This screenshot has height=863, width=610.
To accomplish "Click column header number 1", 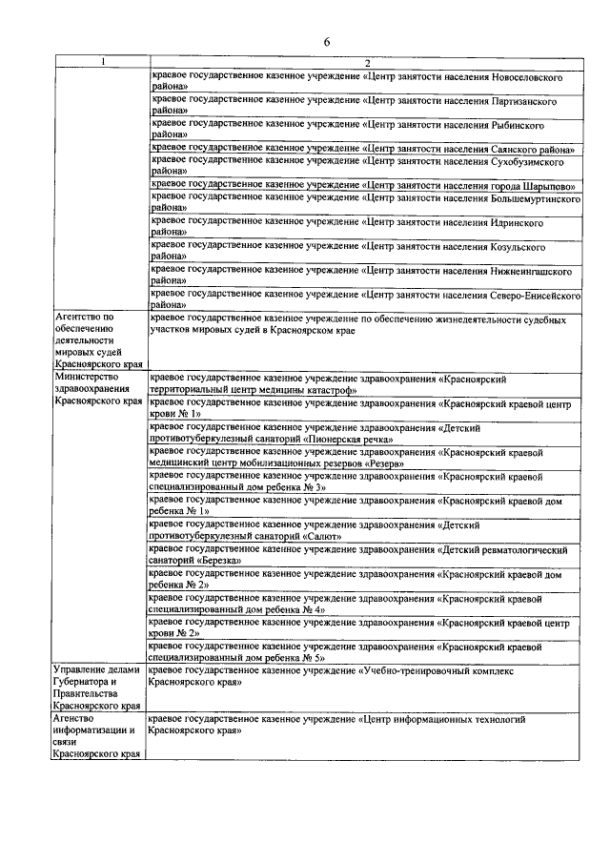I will coord(104,63).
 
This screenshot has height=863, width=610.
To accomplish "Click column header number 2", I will coord(365,63).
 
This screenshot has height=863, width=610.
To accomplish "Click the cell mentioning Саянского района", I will coord(365,149).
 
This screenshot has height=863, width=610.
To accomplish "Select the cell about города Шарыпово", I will coord(365,185).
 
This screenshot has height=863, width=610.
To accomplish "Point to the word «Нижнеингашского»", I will coord(538,271).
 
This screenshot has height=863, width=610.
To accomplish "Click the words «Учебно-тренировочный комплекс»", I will coord(439,671).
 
